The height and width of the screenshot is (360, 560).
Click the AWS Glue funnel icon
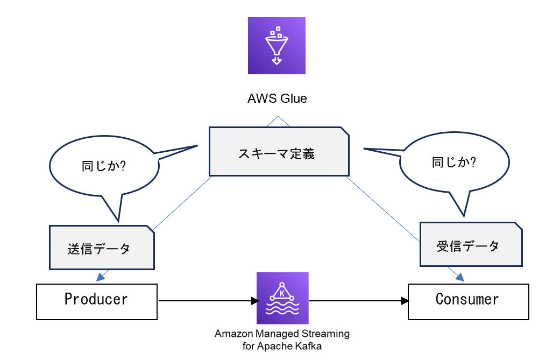(277, 46)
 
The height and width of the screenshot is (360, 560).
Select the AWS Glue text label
(277, 98)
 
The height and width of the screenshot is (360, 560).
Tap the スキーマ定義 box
(277, 153)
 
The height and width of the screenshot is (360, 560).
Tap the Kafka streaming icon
(282, 298)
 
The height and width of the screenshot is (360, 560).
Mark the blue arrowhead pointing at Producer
(100, 277)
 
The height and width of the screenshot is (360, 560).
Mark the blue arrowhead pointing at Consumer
(460, 277)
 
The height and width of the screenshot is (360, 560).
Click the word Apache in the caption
(275, 346)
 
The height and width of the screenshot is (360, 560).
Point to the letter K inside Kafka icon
(282, 293)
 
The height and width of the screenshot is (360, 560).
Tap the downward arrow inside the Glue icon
(277, 61)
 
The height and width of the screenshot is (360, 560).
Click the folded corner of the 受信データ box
(517, 227)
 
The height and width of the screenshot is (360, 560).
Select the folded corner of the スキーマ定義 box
(344, 132)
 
